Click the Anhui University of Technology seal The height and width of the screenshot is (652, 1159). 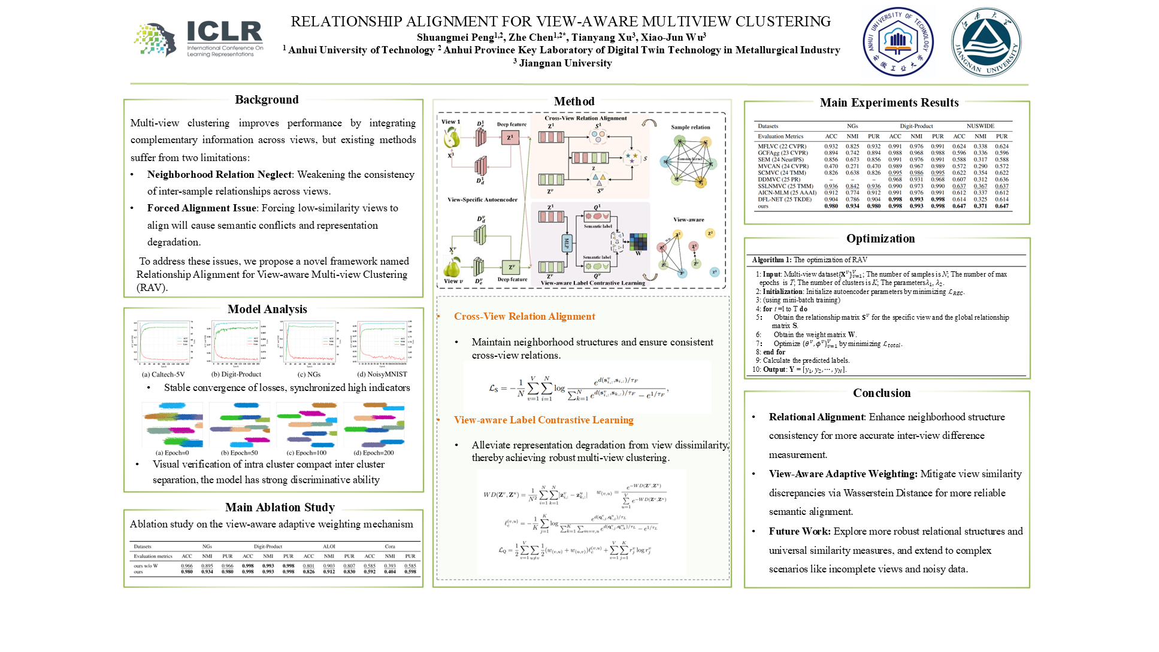(897, 42)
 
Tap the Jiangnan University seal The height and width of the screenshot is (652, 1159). (986, 42)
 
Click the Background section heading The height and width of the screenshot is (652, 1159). (267, 99)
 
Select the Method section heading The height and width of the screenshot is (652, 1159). (574, 101)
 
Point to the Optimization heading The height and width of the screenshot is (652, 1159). (880, 238)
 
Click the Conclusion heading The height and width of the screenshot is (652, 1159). (882, 393)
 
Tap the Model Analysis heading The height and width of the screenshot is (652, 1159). (267, 309)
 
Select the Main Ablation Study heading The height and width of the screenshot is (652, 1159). (280, 507)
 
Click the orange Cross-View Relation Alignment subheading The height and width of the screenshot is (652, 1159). (524, 316)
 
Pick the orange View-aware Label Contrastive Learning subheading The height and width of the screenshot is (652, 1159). (543, 420)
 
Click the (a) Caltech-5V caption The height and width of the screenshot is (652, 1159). (163, 374)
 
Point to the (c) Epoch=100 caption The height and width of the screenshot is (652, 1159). (307, 453)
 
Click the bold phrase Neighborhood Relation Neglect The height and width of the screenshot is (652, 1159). (219, 174)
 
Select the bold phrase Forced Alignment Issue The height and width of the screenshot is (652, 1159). (202, 208)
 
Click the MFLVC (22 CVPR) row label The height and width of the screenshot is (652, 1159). (782, 146)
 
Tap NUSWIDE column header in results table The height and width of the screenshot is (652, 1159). (980, 126)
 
